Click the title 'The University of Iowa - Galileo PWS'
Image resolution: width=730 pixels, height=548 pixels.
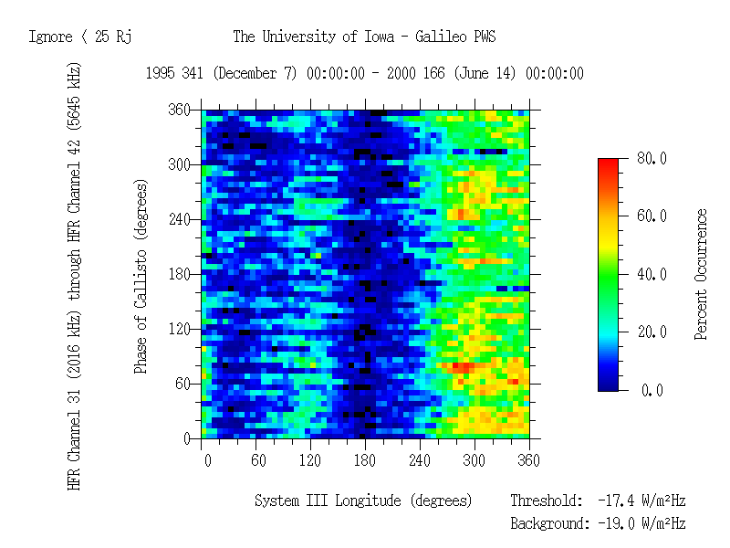(x=364, y=37)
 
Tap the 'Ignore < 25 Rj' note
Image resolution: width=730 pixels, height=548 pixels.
(x=81, y=37)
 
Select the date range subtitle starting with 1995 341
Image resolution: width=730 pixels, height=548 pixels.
(x=364, y=74)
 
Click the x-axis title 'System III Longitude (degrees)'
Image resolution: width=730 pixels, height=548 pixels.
(x=363, y=501)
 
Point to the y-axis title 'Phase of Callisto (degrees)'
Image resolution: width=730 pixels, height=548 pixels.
(x=141, y=274)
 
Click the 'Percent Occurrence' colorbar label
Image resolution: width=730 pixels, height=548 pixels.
(x=701, y=274)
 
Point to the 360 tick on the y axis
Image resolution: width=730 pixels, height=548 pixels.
(x=178, y=110)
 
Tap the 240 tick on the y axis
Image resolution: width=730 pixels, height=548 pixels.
(x=178, y=219)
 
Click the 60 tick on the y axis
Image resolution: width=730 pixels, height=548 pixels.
(x=182, y=384)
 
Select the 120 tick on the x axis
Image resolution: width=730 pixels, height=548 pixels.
(x=311, y=459)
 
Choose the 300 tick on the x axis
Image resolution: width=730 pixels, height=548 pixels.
(x=474, y=459)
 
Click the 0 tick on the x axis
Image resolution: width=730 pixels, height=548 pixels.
(x=207, y=459)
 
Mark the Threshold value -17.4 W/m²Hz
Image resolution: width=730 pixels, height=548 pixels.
(x=641, y=501)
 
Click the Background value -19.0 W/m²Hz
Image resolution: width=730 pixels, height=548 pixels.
(x=641, y=523)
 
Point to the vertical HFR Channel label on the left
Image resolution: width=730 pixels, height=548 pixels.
(x=75, y=274)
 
